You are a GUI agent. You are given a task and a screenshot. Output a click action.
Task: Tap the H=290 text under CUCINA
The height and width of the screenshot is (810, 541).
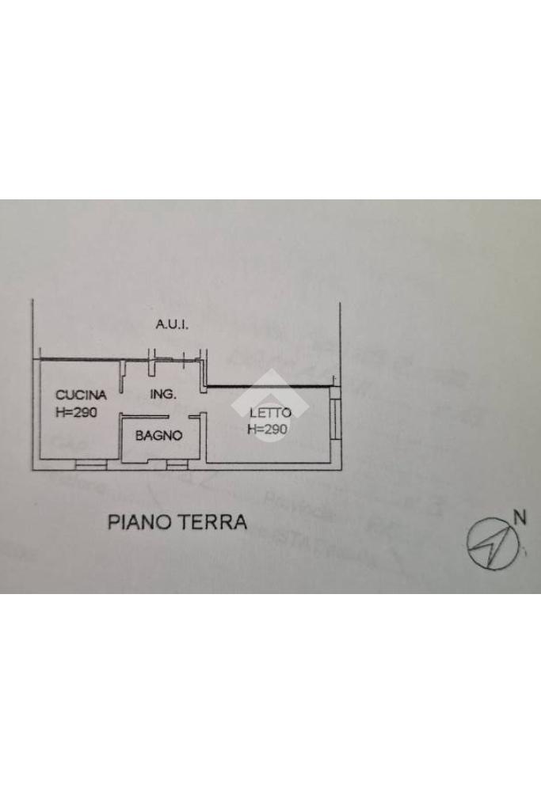click(77, 411)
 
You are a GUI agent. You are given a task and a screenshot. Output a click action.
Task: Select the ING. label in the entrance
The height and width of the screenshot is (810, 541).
click(162, 394)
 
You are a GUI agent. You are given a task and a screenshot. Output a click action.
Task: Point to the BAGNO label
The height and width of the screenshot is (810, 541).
click(158, 435)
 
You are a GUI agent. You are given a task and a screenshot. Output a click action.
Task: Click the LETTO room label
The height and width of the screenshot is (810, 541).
click(270, 412)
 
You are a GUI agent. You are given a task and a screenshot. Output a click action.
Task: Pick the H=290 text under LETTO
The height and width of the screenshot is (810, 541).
click(268, 429)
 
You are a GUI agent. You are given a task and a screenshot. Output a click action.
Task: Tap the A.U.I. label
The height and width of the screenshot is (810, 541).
click(172, 325)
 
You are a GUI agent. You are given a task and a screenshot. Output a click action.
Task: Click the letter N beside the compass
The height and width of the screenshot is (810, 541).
click(519, 518)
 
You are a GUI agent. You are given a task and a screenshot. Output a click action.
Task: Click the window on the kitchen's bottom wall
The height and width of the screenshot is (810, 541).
click(90, 464)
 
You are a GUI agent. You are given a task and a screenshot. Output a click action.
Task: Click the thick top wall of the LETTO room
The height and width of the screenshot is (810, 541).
click(269, 387)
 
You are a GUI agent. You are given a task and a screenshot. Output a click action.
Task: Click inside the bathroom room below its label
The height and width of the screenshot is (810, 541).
click(158, 451)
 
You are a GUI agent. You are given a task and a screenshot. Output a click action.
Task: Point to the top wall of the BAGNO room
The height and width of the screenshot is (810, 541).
click(145, 417)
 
